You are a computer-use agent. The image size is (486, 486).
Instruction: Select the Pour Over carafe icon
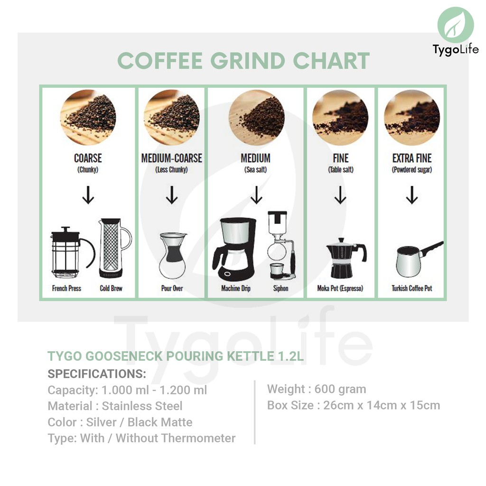pos(173,256)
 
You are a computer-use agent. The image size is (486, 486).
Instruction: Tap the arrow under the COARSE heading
pos(88,195)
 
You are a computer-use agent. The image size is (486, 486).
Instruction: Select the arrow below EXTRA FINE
pos(412,195)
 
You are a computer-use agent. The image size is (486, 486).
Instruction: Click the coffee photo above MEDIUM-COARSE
pos(172,118)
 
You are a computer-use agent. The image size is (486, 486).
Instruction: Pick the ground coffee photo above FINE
pos(340,118)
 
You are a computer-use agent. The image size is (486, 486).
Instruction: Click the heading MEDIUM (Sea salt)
pos(256,163)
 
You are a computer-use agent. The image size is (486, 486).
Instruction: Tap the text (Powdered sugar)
pos(412,169)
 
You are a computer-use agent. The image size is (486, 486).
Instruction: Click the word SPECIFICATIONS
pos(97,374)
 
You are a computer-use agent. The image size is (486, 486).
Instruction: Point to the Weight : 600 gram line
pos(317,389)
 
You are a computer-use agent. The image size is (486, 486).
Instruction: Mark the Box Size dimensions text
pos(354,405)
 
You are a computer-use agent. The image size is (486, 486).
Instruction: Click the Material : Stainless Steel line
pos(115,406)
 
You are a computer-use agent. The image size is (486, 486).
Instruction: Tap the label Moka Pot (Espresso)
pos(340,288)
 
